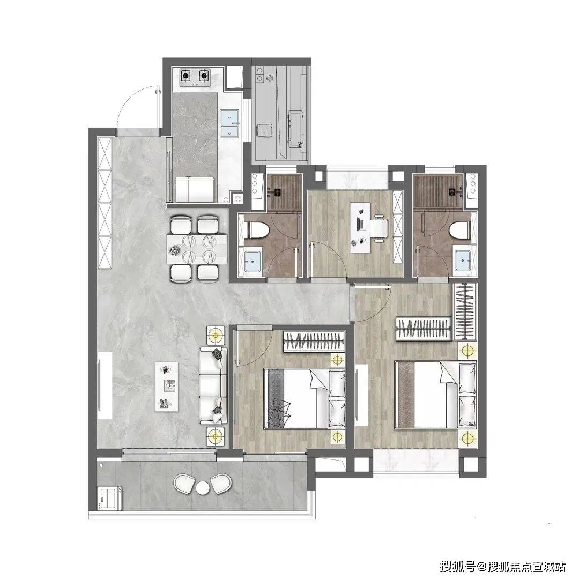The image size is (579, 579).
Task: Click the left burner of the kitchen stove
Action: pyautogui.click(x=185, y=77)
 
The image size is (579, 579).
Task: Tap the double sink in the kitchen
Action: pyautogui.click(x=229, y=123)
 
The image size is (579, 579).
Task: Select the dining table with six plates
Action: pyautogui.click(x=197, y=249)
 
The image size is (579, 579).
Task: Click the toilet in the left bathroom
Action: pyautogui.click(x=257, y=229)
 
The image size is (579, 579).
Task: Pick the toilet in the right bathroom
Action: pyautogui.click(x=460, y=229)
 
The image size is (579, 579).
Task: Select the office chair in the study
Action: pyautogui.click(x=379, y=228)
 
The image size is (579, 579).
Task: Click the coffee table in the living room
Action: pyautogui.click(x=166, y=386)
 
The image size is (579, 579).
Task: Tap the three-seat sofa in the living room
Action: pyautogui.click(x=213, y=385)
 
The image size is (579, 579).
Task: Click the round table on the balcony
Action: pyautogui.click(x=203, y=488)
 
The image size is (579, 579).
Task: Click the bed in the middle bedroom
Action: pyautogui.click(x=305, y=398)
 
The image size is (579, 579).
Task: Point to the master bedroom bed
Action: pyautogui.click(x=435, y=395)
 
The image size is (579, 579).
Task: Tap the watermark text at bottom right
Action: pyautogui.click(x=502, y=566)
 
